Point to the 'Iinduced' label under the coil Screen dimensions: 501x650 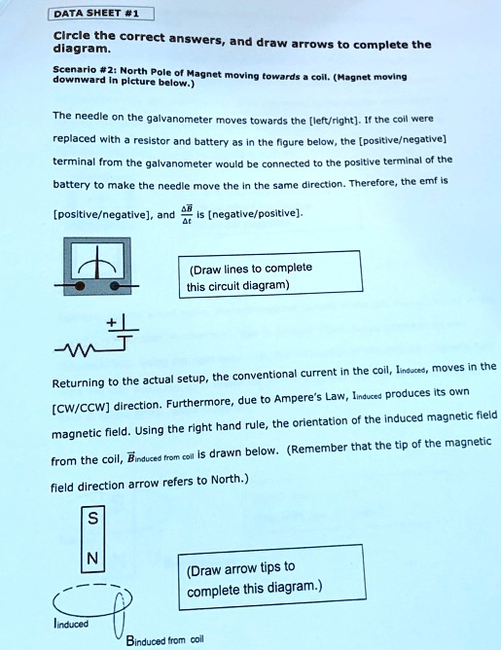(x=71, y=623)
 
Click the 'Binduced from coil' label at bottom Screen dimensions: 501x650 (x=164, y=638)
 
